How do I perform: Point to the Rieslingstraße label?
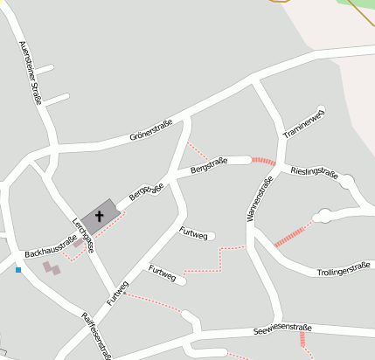coord(314,172)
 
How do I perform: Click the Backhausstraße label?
coord(51,246)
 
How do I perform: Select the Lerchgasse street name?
coord(83,234)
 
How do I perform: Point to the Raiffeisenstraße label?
coord(97,335)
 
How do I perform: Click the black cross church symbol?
coord(100,215)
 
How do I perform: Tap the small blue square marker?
coord(17,269)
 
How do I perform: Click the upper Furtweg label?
coord(193,232)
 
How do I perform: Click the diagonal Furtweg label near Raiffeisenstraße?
coord(118,292)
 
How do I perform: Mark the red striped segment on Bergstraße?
coord(263,161)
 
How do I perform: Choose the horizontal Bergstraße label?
coord(209,163)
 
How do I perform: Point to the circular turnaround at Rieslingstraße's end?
coord(348,182)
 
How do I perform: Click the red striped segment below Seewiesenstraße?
coord(303,340)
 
